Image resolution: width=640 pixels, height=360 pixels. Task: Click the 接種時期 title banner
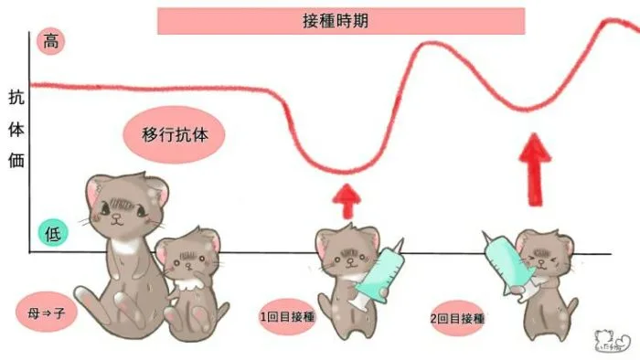coord(341,20)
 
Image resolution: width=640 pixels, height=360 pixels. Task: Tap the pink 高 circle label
coord(48,41)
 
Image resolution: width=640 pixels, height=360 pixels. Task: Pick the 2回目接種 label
coord(455,319)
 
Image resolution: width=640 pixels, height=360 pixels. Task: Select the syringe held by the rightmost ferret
coord(504,264)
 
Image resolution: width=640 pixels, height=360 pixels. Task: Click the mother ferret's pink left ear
coord(95,190)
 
